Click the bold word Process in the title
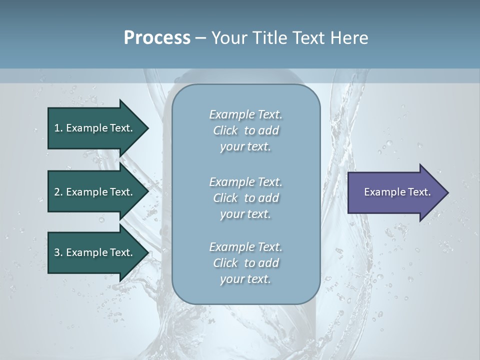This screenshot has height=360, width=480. (x=157, y=38)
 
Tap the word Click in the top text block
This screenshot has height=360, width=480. (x=225, y=131)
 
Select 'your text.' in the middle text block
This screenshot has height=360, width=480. (x=245, y=214)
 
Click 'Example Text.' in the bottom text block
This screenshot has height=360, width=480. (x=245, y=247)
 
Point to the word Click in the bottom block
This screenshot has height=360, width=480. (x=225, y=263)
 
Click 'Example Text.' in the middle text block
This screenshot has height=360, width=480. (x=245, y=181)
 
